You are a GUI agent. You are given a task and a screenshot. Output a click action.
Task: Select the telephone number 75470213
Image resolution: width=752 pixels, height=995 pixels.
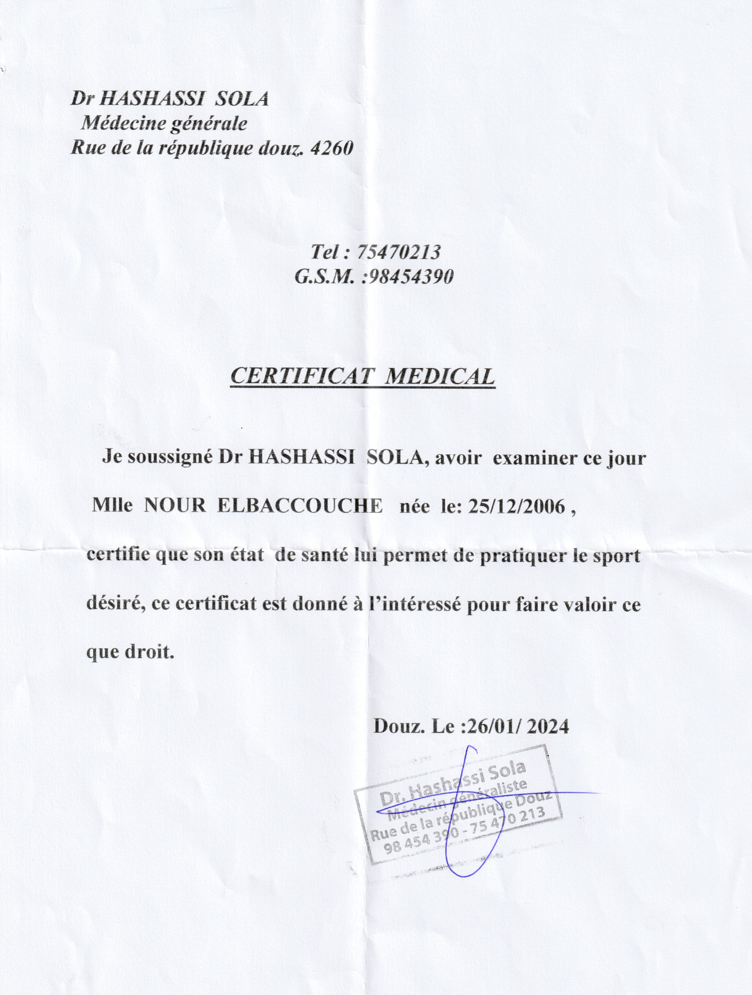[x=398, y=252]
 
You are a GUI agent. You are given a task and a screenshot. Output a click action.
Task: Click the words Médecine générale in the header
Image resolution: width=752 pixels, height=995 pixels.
[x=164, y=123]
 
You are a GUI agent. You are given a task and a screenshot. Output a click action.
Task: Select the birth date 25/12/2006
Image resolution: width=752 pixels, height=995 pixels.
[x=516, y=507]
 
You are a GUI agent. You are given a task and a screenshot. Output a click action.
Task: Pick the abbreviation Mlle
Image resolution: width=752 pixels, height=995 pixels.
[x=112, y=507]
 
